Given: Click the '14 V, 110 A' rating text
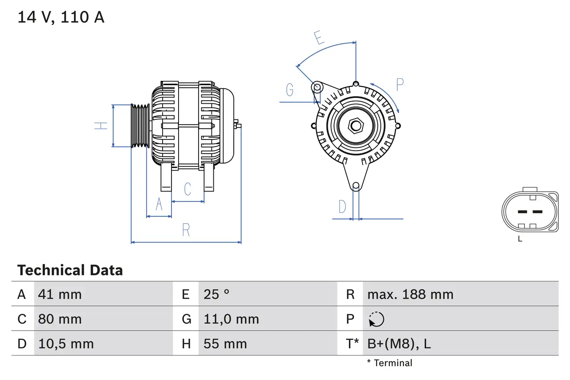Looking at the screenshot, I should (x=61, y=17).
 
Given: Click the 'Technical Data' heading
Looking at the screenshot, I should (x=70, y=270).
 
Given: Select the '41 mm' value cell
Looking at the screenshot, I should (x=60, y=294).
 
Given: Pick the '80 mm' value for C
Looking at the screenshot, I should (x=60, y=319).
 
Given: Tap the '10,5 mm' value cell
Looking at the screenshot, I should (x=66, y=343).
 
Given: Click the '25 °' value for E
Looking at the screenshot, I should (x=216, y=294).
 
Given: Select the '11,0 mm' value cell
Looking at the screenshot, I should (x=231, y=319).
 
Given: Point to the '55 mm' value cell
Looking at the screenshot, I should (x=225, y=343).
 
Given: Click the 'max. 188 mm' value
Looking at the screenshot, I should (x=410, y=294).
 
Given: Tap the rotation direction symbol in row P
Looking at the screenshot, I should (x=376, y=319).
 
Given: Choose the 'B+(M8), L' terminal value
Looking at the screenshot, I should (x=399, y=343).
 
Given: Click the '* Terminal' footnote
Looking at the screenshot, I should (x=390, y=363).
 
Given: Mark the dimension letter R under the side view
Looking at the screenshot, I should (x=186, y=230).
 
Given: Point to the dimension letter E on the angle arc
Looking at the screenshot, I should (x=318, y=38).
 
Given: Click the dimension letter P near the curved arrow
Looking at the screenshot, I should (x=399, y=85).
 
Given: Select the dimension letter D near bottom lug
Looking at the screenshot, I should (x=342, y=207).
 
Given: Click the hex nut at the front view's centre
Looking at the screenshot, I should (x=355, y=126).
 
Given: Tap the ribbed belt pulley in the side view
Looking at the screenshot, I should (x=140, y=126).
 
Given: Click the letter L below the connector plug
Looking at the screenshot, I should (x=520, y=239).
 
